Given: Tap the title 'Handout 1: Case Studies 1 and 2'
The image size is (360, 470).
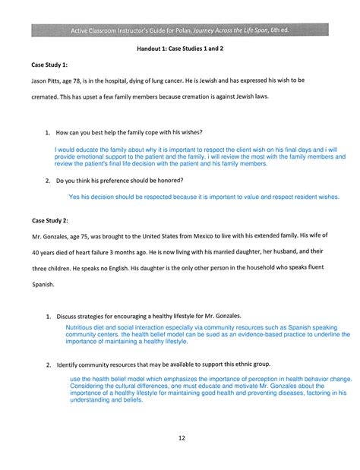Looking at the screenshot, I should coord(181,47).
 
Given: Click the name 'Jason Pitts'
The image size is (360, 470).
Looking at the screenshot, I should coord(48,80).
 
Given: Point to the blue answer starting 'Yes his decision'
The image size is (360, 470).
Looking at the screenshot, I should coord(204,196).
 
